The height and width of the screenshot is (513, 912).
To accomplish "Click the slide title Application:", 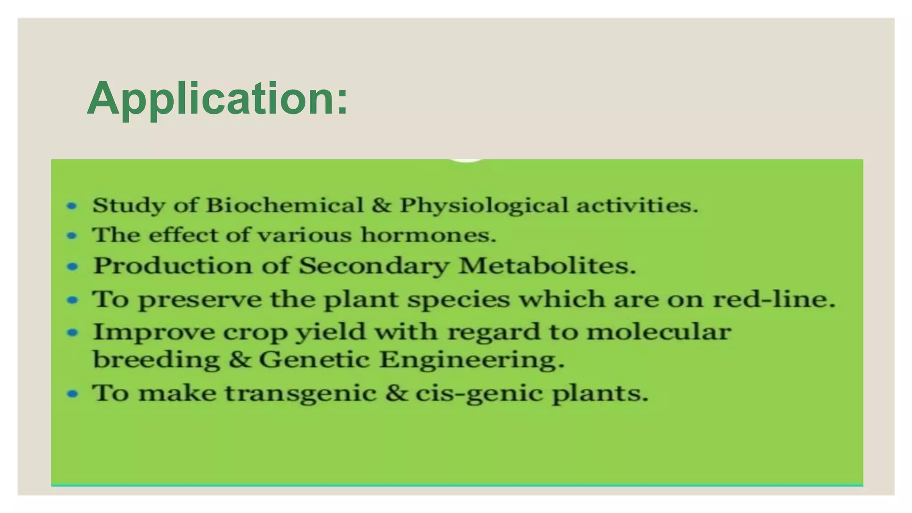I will coord(217,98).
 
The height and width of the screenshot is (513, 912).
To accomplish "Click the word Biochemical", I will coord(285,205).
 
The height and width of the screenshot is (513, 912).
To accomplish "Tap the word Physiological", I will coord(484,206).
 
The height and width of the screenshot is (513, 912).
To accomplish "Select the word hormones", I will coord(428,235).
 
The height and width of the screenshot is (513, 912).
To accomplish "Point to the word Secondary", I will coord(374,266).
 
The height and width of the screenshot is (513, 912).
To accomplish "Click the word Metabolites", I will coord(546,266).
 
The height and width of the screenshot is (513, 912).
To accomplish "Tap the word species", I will coord(458,300).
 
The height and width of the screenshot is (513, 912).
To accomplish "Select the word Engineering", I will coord(472,359).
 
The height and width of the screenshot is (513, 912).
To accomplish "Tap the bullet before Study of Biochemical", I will coord(72,206).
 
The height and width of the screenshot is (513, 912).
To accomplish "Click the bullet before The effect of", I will coord(72,235).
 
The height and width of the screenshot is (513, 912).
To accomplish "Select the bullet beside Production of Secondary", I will coord(72,266).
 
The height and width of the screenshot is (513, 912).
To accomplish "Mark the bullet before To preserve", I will coord(72,300).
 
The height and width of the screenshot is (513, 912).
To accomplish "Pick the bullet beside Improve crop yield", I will coord(72,332).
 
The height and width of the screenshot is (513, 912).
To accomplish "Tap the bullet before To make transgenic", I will coord(72,394).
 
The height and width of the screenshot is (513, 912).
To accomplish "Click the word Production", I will coord(172,266).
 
